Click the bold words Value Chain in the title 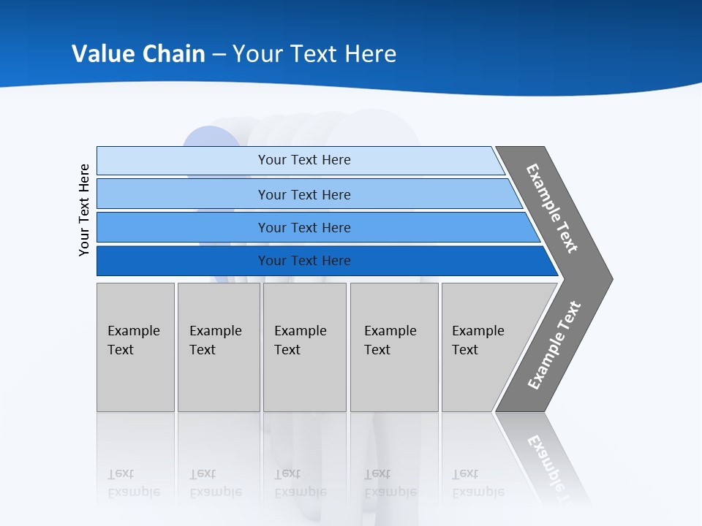(x=138, y=54)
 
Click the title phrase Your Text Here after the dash (x=314, y=54)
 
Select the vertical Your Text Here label (x=84, y=210)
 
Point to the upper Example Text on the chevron (x=552, y=208)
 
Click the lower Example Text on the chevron (x=554, y=346)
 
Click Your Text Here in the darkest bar (x=304, y=261)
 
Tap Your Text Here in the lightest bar (x=304, y=160)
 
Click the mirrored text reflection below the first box (x=133, y=484)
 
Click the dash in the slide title (x=219, y=55)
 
